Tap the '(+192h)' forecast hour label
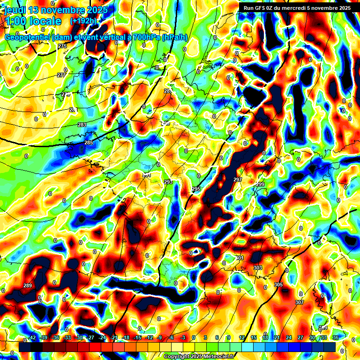pyautogui.click(x=85, y=21)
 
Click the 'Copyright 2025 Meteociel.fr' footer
pyautogui.click(x=199, y=356)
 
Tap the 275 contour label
pyautogui.click(x=62, y=45)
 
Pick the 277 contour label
pyautogui.click(x=61, y=75)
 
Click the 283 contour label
pyautogui.click(x=82, y=125)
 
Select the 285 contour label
pyautogui.click(x=89, y=142)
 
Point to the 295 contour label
pyautogui.click(x=196, y=189)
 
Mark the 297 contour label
pyautogui.click(x=237, y=180)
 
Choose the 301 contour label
pyautogui.click(x=240, y=258)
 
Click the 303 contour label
pyautogui.click(x=258, y=268)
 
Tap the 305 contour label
pyautogui.click(x=278, y=285)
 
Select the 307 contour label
pyautogui.click(x=300, y=302)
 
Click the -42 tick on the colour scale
pyautogui.click(x=32, y=337)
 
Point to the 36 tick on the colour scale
pyautogui.click(x=336, y=337)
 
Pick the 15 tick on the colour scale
pyautogui.click(x=254, y=337)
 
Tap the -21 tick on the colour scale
pyautogui.click(x=114, y=337)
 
